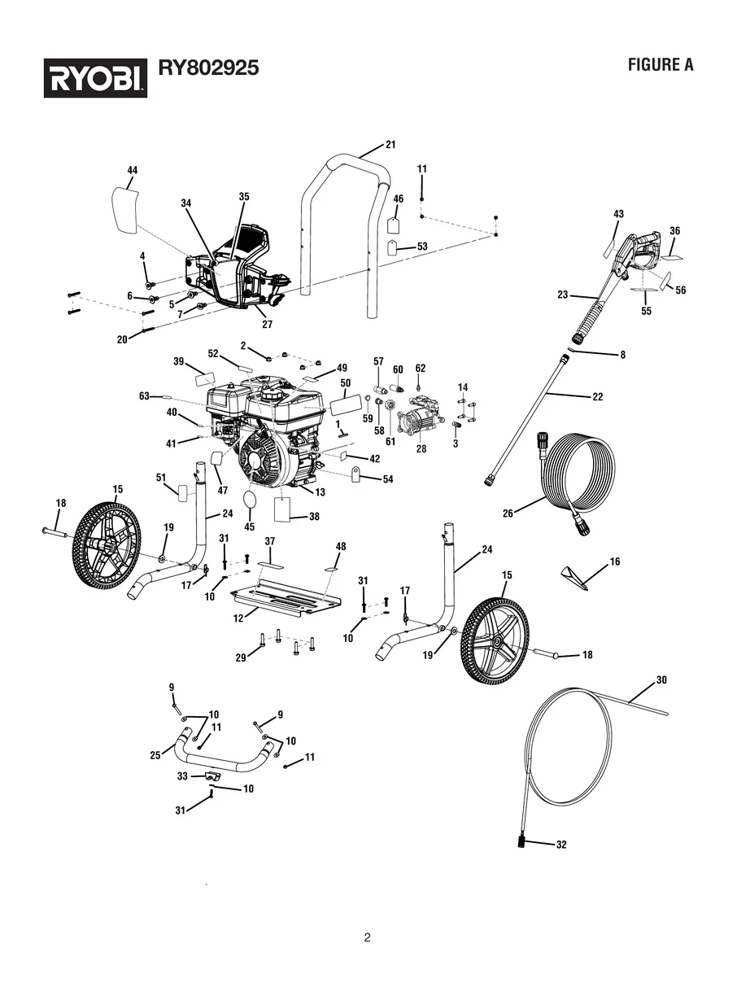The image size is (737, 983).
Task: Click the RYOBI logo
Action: [x=95, y=77]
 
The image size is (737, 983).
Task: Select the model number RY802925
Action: [x=208, y=68]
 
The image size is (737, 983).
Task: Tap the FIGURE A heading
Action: [x=660, y=66]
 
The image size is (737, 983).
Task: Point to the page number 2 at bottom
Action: [x=368, y=937]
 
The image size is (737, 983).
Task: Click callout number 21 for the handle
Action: [x=390, y=145]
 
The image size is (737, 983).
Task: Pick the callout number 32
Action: [x=560, y=845]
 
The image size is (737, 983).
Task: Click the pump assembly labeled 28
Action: [x=417, y=422]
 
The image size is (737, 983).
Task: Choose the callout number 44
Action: [x=133, y=170]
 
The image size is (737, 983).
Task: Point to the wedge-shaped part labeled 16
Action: [x=576, y=576]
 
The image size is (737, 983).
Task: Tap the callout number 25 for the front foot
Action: [x=155, y=756]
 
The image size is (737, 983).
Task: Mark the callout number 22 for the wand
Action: [x=598, y=397]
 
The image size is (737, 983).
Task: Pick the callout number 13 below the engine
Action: [x=320, y=492]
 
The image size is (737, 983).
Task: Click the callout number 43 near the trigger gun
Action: [x=618, y=213]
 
